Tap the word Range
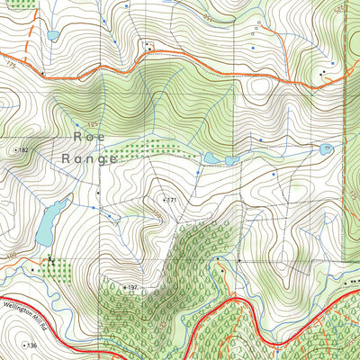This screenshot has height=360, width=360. coord(90,158)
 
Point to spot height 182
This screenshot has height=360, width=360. coord(19,150)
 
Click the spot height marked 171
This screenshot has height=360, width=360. coord(168,198)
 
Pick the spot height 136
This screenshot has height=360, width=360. coord(28,346)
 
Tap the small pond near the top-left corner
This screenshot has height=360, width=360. coord(52,36)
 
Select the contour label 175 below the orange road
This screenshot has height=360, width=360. coord(11,66)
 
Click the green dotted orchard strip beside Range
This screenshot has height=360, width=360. coord(153,148)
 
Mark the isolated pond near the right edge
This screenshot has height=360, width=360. coord(327,148)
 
